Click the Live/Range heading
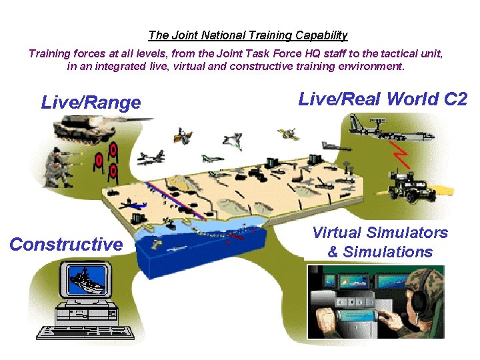pos(91,103)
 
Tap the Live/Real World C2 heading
pos(383,99)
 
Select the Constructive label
pos(66,245)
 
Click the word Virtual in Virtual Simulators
pos(336,233)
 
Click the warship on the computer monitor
pos(86,279)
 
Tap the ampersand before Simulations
pos(333,252)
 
